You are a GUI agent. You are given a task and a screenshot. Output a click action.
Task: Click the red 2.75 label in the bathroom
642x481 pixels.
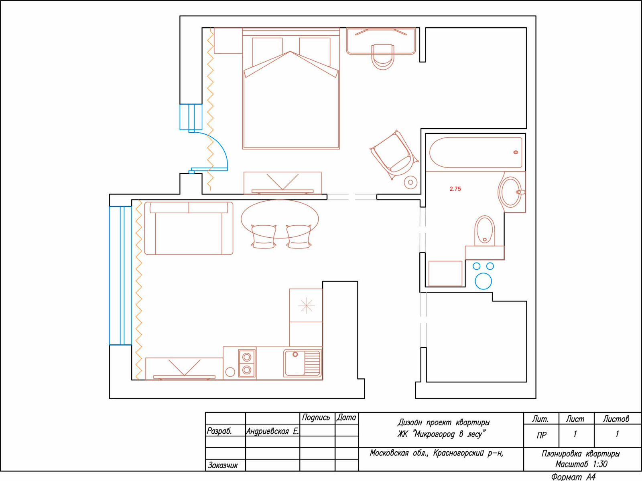455,189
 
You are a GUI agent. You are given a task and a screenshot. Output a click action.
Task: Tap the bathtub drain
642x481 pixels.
516,152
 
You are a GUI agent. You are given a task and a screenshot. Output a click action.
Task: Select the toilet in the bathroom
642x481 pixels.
485,231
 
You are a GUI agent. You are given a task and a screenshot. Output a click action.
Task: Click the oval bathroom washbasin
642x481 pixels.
511,192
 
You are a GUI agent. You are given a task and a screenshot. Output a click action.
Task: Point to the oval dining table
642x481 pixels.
280,219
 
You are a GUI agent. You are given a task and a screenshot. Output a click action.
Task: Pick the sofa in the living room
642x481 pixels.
189,228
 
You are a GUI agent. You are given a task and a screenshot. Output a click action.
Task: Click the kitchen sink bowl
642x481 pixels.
295,363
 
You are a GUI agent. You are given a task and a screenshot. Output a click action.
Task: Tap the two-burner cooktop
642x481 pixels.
247,364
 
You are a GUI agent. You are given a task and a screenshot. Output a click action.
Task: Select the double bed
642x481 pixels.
291,89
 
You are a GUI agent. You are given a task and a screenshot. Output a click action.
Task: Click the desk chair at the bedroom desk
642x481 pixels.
383,57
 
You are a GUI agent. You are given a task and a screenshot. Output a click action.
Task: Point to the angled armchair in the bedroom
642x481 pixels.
394,154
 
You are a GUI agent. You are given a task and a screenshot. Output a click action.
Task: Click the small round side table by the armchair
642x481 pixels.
410,182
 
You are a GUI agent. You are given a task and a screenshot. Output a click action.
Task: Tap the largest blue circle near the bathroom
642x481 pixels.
483,281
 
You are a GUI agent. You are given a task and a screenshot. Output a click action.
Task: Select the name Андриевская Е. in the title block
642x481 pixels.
272,431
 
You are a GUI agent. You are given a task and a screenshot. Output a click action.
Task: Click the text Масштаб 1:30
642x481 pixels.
581,464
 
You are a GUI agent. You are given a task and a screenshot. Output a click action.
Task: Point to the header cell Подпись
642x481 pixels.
316,418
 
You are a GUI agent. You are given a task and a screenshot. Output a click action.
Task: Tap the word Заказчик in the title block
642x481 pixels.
223,465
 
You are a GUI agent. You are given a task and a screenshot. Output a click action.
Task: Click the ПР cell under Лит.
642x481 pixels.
541,435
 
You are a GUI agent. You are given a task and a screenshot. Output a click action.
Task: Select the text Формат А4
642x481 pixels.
573,477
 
